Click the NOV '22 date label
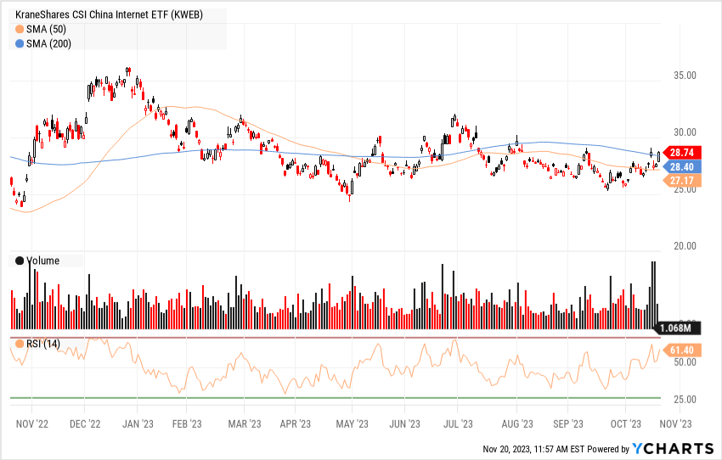click(x=33, y=422)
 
